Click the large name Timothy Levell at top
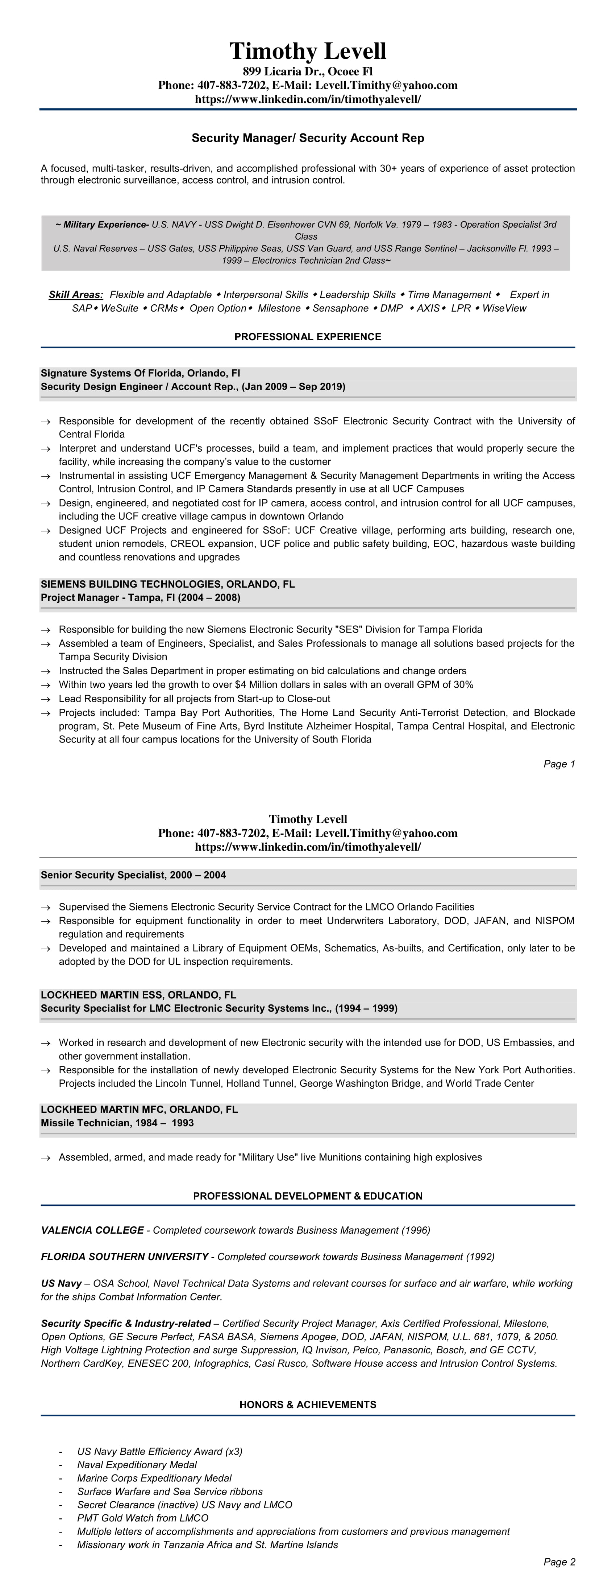(x=308, y=51)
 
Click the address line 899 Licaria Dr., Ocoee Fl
(x=308, y=71)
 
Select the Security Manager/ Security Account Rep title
(x=308, y=138)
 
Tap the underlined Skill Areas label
(x=75, y=295)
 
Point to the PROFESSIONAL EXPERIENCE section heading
(x=308, y=337)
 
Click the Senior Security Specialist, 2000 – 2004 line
(x=133, y=875)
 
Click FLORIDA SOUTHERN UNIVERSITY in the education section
(x=124, y=1256)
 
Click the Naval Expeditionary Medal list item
(x=137, y=1465)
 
